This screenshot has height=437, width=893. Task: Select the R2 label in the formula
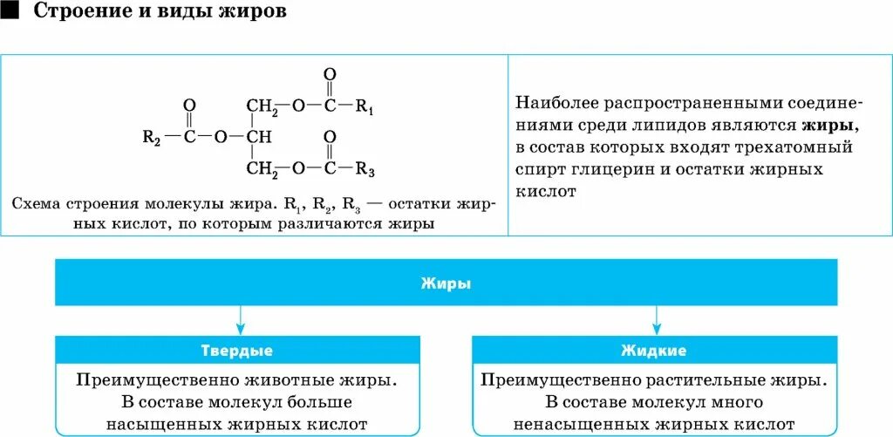[x=151, y=137]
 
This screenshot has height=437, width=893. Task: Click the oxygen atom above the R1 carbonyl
[x=328, y=75]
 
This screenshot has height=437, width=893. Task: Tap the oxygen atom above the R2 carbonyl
[x=189, y=105]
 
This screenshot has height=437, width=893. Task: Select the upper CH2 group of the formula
[x=262, y=106]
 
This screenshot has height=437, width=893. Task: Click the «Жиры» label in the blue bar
[x=446, y=283]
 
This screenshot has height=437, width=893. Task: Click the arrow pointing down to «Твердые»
[x=237, y=318]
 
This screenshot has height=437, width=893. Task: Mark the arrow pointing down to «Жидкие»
[x=654, y=318]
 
